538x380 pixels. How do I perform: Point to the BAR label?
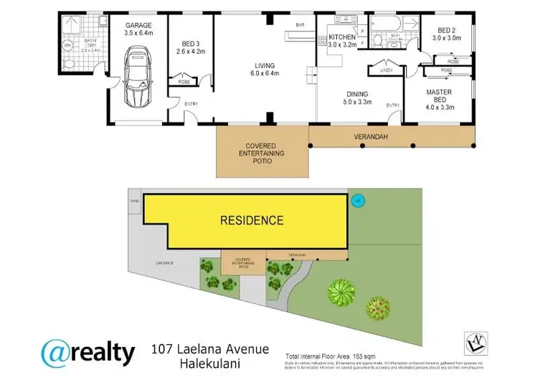click(x=301, y=27)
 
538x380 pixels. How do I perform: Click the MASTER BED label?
click(x=438, y=96)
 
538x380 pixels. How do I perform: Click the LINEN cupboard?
click(x=385, y=70)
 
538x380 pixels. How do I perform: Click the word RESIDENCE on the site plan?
click(x=251, y=220)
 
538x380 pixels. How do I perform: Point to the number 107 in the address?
click(x=164, y=349)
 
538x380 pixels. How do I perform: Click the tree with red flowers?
click(x=378, y=308)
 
